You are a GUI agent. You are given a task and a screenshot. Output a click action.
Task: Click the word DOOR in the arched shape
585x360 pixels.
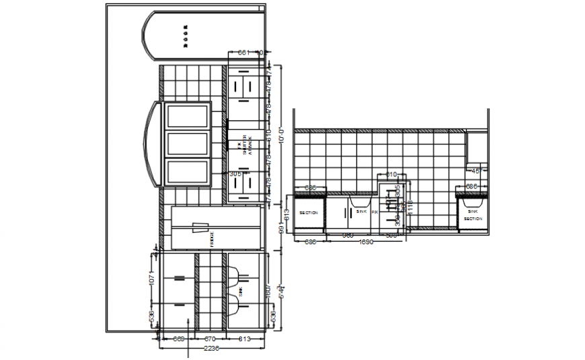[186, 36]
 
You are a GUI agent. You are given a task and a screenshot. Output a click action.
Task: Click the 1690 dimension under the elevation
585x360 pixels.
[366, 241]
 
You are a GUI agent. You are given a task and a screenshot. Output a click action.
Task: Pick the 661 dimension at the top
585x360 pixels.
[243, 52]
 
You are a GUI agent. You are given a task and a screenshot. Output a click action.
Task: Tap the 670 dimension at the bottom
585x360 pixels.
[209, 338]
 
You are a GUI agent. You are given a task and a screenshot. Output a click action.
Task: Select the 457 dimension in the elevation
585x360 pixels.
[476, 171]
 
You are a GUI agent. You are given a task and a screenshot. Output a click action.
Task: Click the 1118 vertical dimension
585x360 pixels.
[409, 209]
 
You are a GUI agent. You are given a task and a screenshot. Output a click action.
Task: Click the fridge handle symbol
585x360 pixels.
[200, 227]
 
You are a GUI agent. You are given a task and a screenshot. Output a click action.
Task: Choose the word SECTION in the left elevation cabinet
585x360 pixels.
[308, 213]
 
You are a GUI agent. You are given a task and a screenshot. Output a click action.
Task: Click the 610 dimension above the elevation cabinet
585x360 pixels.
[391, 175]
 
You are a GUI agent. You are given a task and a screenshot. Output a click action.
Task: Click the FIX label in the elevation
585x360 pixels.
[375, 212]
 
